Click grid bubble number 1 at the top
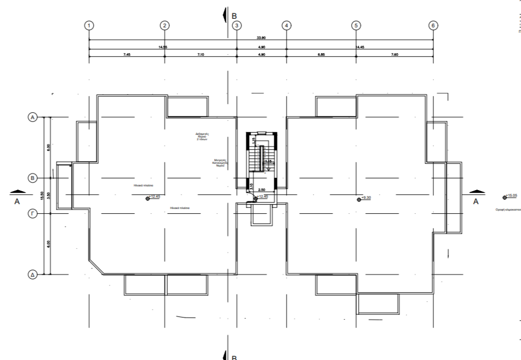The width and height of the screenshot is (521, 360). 89,25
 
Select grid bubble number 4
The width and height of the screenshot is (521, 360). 287,25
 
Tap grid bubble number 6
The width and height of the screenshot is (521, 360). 433,25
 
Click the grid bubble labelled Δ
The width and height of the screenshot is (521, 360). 32,275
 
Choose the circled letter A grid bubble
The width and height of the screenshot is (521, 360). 32,117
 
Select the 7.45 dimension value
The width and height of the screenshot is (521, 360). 127,54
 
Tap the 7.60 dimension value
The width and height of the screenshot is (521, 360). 394,54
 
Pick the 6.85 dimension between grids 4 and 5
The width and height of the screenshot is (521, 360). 321,54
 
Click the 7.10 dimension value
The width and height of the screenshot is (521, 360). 201,54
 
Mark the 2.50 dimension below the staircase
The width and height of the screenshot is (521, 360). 262,190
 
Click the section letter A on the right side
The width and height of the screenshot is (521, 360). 475,201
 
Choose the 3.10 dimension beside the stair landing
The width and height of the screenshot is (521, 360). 253,185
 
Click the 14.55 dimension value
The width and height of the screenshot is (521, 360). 162,47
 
